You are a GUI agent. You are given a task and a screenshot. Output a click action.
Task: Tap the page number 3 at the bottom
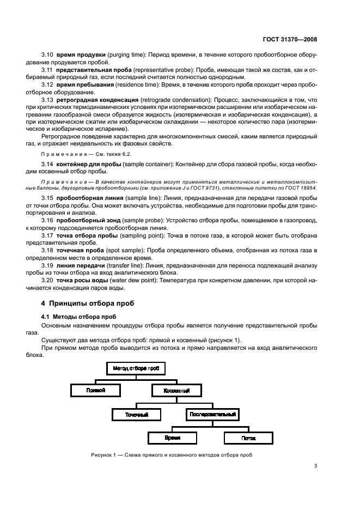316,466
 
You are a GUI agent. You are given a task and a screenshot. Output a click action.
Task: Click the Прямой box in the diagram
95,391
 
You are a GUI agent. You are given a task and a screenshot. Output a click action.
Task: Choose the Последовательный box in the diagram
212,415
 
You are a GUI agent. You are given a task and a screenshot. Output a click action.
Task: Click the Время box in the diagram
173,438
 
